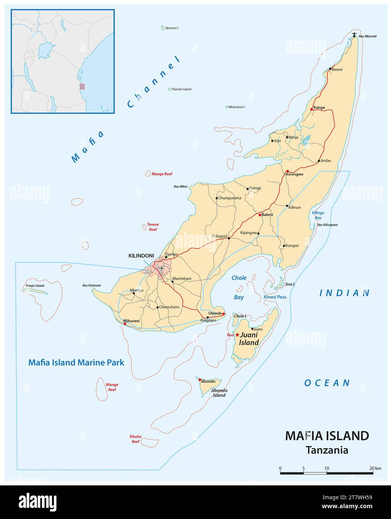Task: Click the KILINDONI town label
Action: [141, 256]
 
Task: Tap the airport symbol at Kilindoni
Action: [161, 268]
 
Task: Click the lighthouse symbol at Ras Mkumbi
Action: [355, 35]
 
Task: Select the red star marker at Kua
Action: [237, 335]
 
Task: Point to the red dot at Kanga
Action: [311, 109]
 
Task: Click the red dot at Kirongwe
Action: [287, 171]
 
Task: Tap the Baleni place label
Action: [267, 215]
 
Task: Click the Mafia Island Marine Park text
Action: [77, 362]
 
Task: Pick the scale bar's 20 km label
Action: [375, 468]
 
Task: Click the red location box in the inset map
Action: [82, 86]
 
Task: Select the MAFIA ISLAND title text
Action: [327, 436]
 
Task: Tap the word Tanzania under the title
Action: [327, 450]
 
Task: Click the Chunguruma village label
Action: [230, 198]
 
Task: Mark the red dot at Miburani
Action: [125, 324]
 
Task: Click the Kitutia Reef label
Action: [136, 439]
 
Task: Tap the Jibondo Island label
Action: [219, 393]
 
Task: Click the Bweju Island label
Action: [35, 286]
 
